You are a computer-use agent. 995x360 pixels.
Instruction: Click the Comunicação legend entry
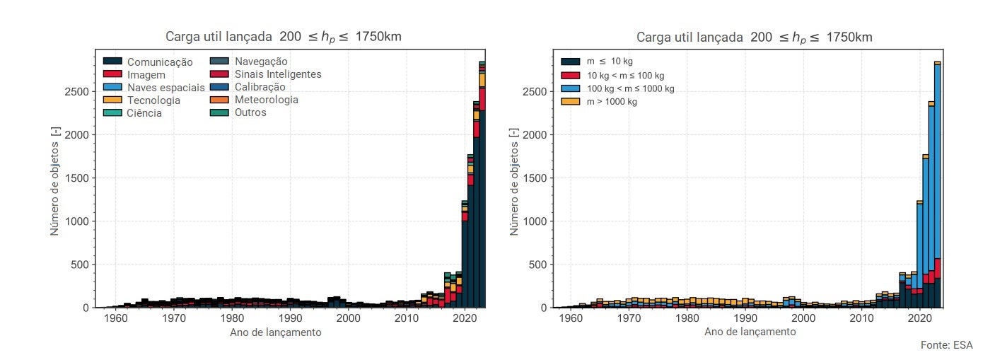(160, 62)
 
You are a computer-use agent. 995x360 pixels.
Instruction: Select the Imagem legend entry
(146, 75)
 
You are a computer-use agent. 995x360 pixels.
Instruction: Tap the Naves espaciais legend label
(165, 88)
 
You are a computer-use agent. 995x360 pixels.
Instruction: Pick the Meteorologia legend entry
(267, 100)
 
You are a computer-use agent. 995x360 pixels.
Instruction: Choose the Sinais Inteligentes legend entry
(278, 74)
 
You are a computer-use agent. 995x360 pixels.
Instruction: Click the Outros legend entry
(250, 112)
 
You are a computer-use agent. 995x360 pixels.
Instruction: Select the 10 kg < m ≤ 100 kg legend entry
(626, 75)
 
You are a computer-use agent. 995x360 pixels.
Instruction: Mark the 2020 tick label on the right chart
(919, 319)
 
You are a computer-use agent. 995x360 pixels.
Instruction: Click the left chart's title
(284, 37)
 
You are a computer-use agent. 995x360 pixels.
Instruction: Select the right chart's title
(754, 37)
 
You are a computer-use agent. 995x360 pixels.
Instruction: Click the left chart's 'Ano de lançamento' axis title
(276, 332)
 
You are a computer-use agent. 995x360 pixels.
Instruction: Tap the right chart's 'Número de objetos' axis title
(514, 182)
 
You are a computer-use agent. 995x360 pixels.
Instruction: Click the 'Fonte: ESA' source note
(946, 345)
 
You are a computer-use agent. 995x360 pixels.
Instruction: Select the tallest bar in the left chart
(482, 184)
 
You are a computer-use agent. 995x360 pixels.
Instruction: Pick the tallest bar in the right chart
(937, 184)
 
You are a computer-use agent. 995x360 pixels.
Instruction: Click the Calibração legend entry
(260, 87)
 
